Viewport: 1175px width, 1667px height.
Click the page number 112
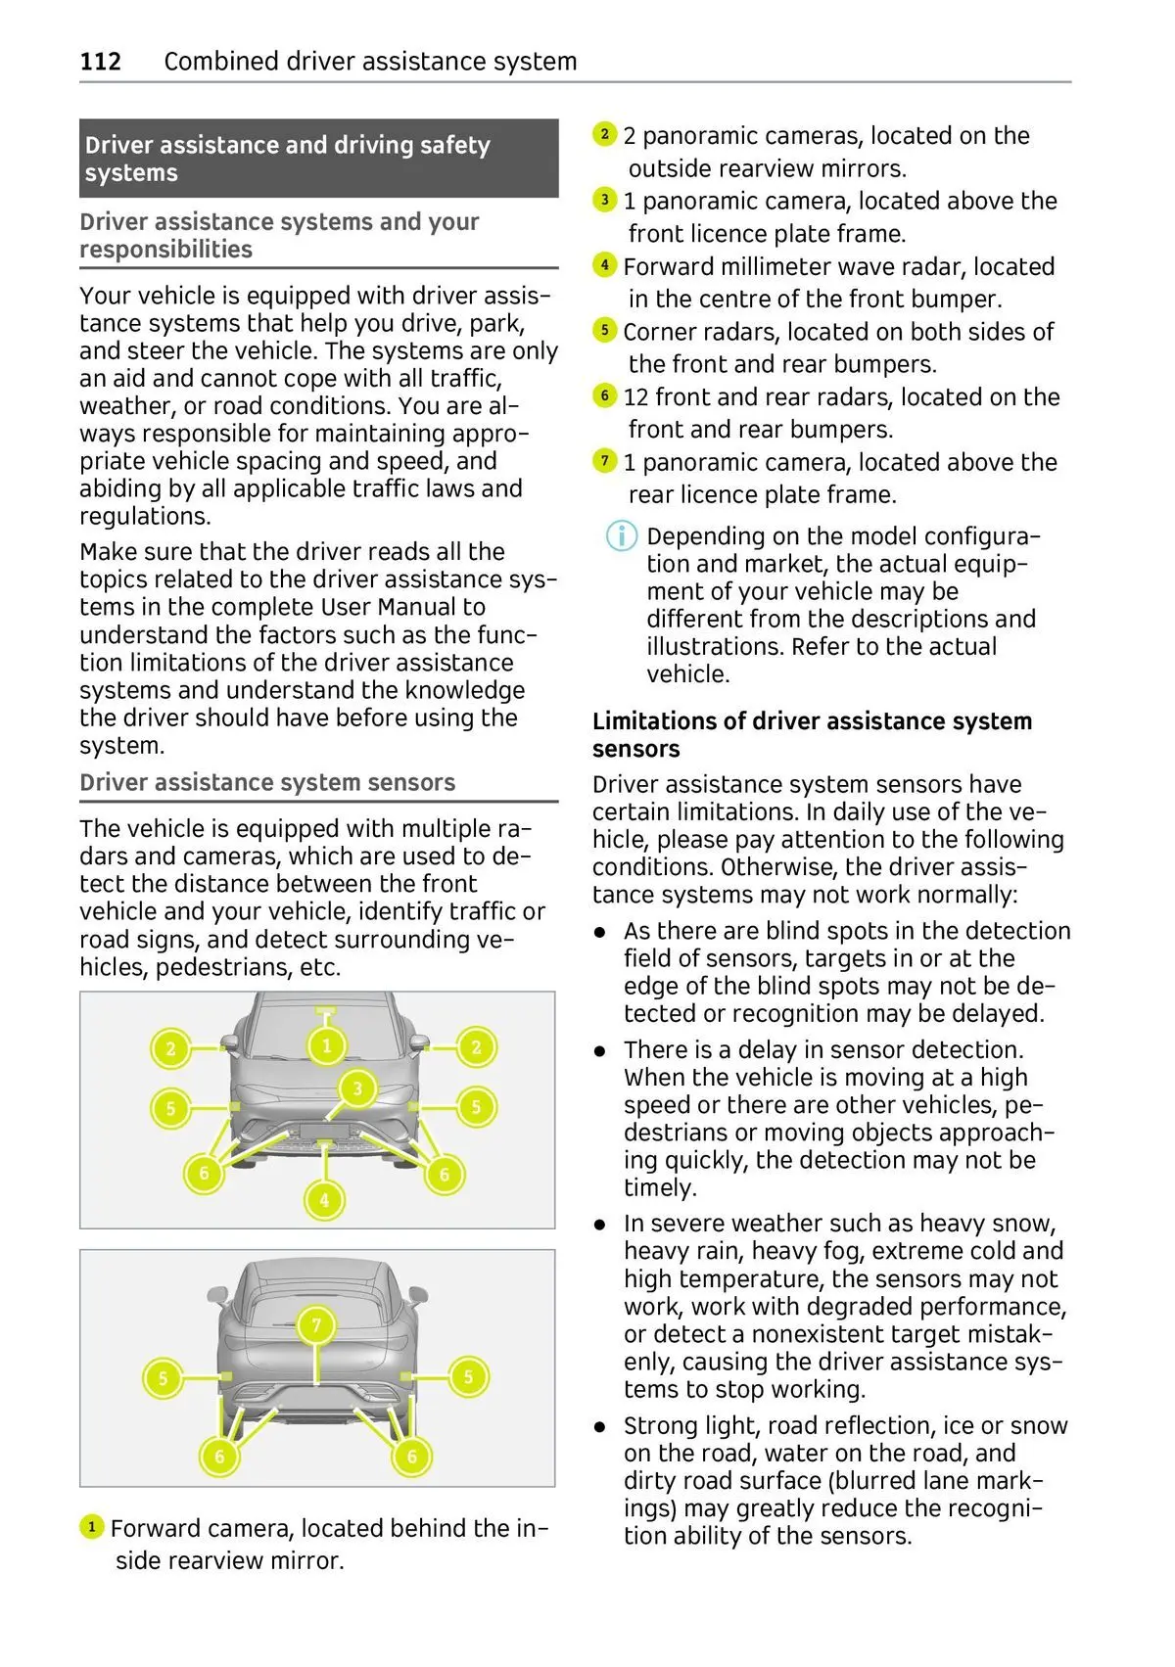click(100, 62)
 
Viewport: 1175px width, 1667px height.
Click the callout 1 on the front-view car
click(327, 1046)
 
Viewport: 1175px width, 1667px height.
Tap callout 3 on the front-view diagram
click(357, 1088)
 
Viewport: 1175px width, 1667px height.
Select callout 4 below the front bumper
click(324, 1199)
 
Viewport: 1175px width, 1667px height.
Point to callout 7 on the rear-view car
click(316, 1326)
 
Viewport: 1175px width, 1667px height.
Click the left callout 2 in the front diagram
click(170, 1049)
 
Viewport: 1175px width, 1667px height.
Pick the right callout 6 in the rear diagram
click(411, 1457)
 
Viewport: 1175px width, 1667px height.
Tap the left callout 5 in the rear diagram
click(163, 1378)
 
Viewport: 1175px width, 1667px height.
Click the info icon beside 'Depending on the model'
click(622, 536)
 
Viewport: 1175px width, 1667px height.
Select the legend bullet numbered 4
click(605, 265)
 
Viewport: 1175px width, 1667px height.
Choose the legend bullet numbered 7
click(605, 461)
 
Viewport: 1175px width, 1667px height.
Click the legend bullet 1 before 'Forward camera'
click(91, 1527)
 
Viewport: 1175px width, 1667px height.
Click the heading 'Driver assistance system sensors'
click(267, 783)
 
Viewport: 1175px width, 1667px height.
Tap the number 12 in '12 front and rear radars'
click(636, 397)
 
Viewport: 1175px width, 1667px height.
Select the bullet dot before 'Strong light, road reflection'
click(600, 1427)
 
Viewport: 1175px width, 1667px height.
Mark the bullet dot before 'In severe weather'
click(600, 1225)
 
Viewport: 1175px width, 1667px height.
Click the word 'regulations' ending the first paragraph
click(143, 517)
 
